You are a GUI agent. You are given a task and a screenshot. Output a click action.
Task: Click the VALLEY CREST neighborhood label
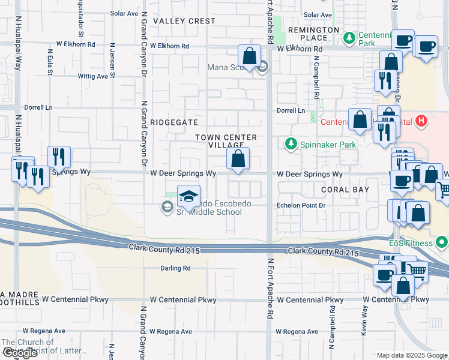tap(184, 21)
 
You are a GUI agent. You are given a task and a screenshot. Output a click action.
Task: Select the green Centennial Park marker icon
tap(349, 38)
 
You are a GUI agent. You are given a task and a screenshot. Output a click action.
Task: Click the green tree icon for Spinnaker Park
tap(291, 144)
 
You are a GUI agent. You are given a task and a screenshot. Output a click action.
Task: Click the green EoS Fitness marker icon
tap(442, 243)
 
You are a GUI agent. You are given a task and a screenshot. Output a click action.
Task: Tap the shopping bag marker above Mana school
tap(250, 56)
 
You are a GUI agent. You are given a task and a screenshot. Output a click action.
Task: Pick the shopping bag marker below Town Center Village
tap(238, 159)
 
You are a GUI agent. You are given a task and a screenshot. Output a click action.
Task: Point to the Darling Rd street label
tap(175, 268)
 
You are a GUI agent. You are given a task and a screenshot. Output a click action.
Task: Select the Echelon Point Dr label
tap(300, 205)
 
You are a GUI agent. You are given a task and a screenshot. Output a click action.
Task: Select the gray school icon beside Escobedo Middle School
tap(166, 208)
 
